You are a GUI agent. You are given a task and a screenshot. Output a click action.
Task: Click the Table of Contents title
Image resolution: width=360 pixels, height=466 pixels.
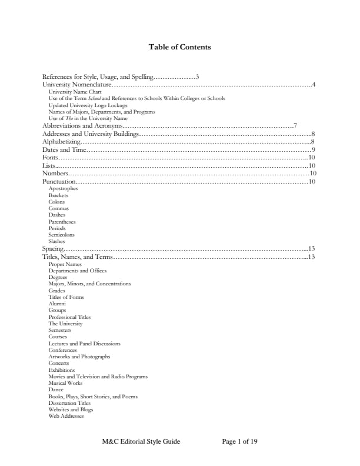[x=180, y=47]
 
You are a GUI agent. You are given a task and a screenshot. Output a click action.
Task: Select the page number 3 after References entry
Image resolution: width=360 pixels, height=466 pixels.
[x=198, y=76]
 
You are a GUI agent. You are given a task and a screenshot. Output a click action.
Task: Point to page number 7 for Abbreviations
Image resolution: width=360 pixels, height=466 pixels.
[x=295, y=125]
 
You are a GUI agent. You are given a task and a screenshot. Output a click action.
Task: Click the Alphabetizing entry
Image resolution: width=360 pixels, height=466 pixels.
[x=61, y=142]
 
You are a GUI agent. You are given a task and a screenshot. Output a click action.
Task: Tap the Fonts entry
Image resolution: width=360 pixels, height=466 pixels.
[x=51, y=158]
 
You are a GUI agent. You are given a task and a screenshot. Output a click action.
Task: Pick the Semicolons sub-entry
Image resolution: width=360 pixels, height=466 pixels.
[x=61, y=234]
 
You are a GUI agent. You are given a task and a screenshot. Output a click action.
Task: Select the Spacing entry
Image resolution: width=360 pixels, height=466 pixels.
[x=53, y=249]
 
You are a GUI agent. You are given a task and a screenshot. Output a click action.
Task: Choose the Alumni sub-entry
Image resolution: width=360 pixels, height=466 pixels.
[x=57, y=304]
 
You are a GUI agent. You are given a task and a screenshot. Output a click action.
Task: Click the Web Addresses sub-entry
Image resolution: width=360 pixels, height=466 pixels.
[x=66, y=416]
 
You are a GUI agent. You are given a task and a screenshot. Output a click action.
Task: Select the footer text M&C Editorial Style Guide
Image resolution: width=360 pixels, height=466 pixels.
[x=141, y=441]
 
